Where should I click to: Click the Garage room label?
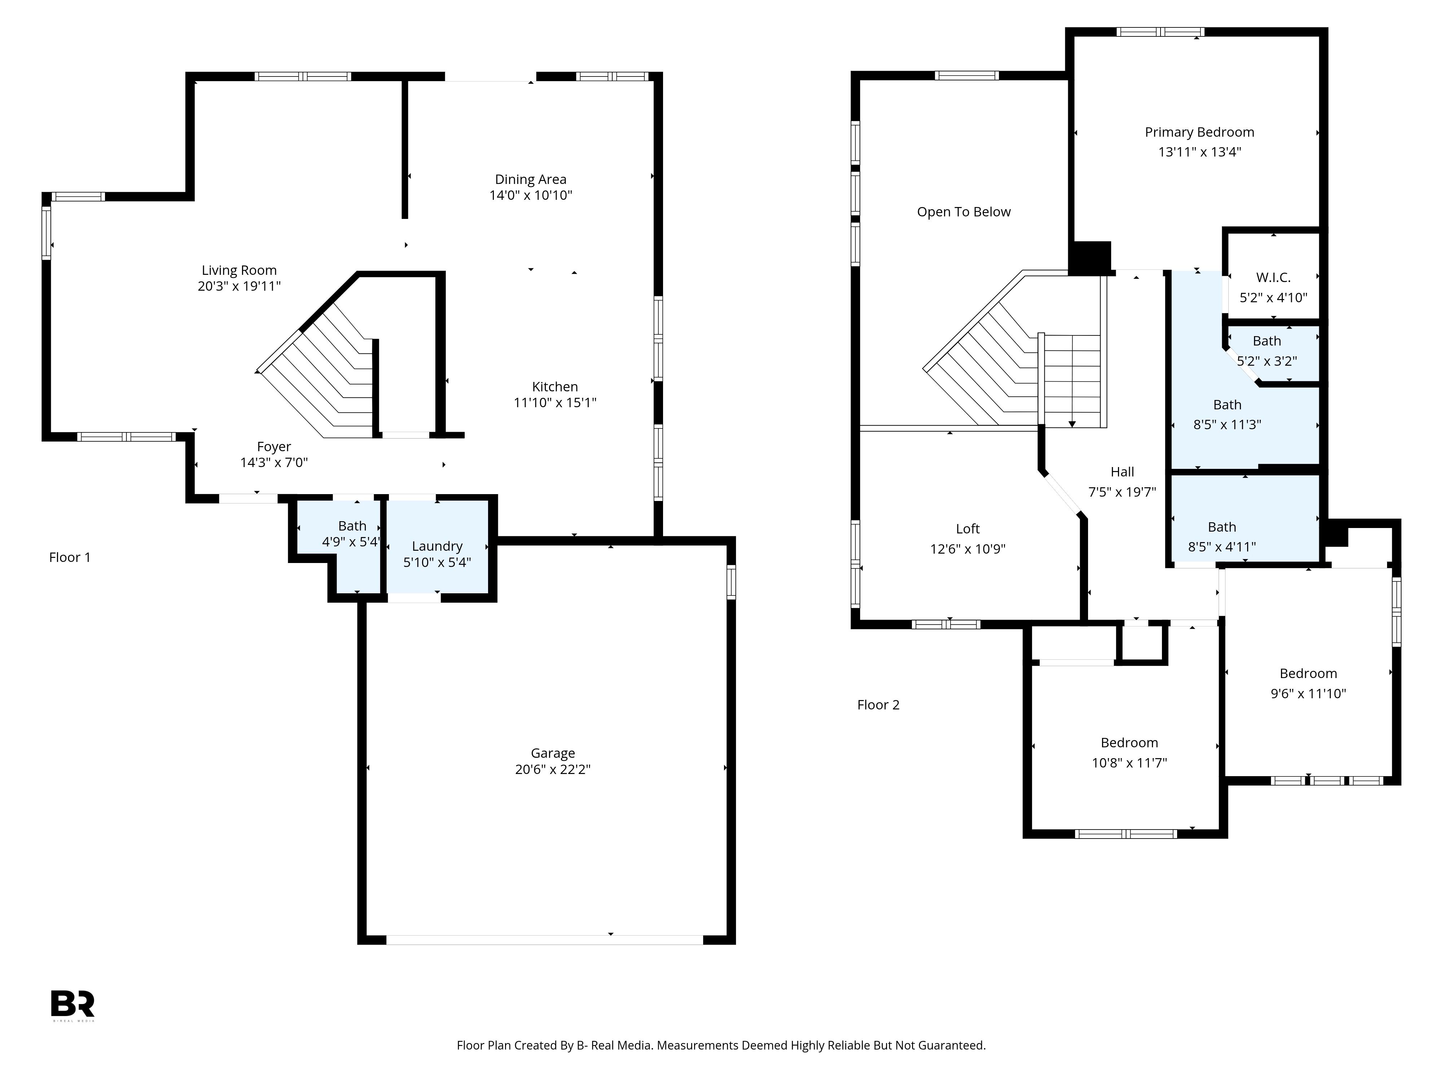coord(553,753)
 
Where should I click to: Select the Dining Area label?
coord(530,179)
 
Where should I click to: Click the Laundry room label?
coord(437,546)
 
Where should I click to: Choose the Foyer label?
coord(274,447)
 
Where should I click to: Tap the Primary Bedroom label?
coord(1199,132)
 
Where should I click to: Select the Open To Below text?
coord(964,212)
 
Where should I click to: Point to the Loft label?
coord(968,529)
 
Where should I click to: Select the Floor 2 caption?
coord(878,705)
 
